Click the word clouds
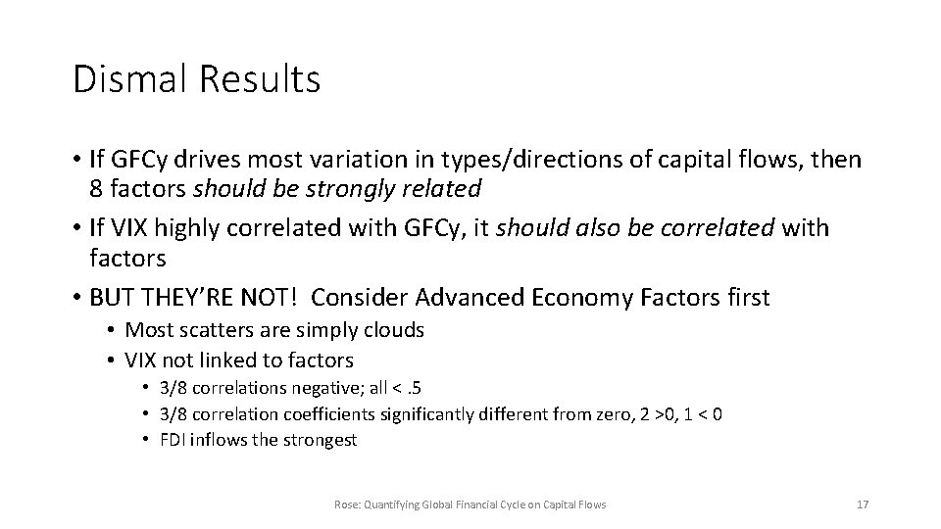pyautogui.click(x=391, y=330)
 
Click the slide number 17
pyautogui.click(x=863, y=505)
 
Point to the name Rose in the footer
pyautogui.click(x=344, y=505)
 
